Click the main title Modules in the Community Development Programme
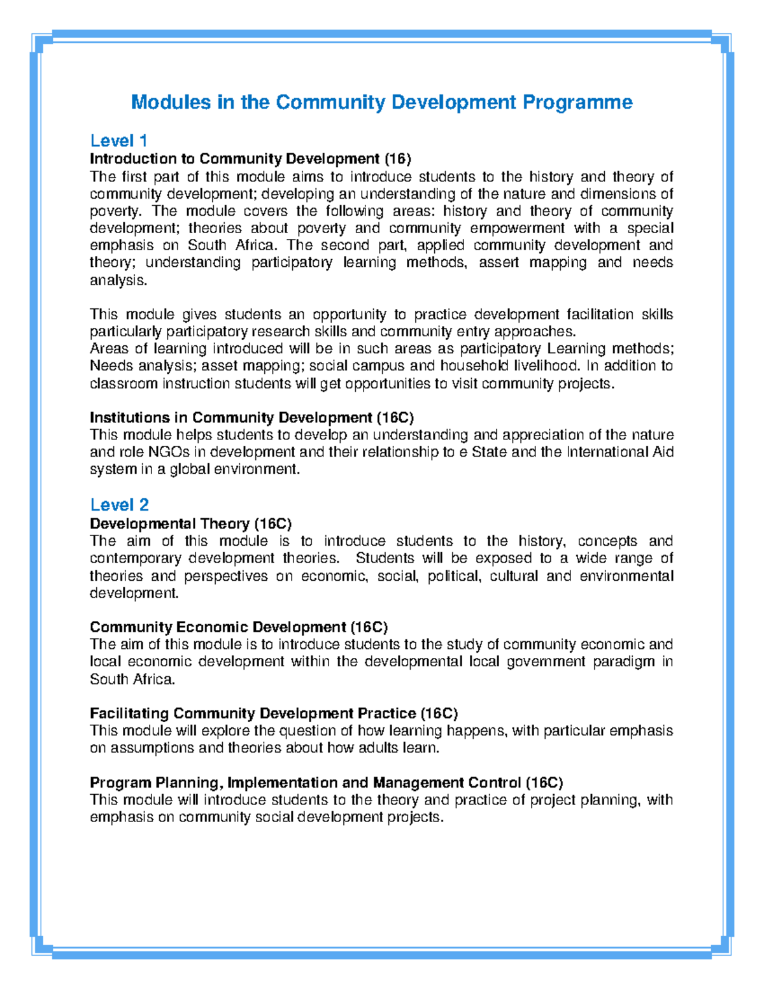[x=381, y=102]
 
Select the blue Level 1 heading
[x=118, y=140]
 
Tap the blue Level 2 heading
[x=119, y=505]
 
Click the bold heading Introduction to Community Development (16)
[x=250, y=159]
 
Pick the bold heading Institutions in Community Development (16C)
[x=251, y=418]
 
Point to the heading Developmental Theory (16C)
[x=190, y=523]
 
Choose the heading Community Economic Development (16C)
[x=239, y=627]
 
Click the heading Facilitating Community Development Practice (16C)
[x=274, y=713]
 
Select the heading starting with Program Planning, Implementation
[x=326, y=783]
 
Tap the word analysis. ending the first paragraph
[x=118, y=280]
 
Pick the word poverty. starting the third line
[x=114, y=211]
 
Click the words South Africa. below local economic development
[x=132, y=679]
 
